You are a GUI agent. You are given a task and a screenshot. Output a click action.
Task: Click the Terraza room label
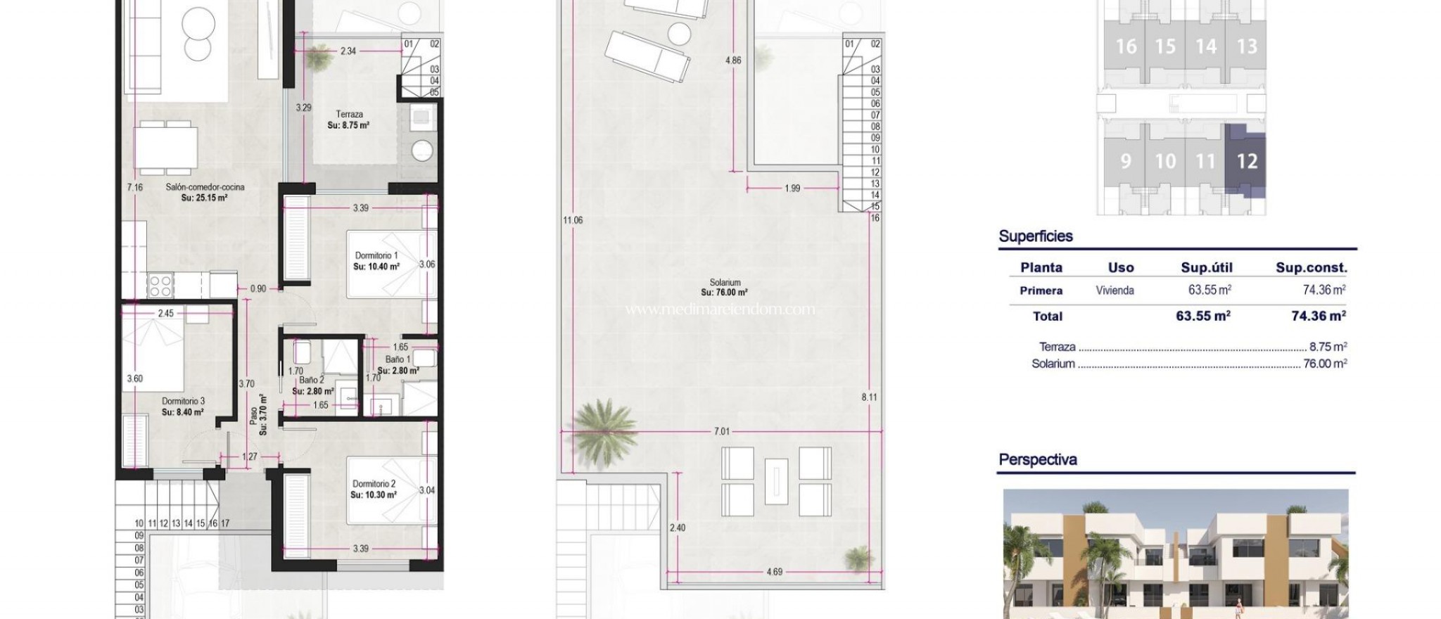349,115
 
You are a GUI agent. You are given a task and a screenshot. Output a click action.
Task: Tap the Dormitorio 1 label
376,256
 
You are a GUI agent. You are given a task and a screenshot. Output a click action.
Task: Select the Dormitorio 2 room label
374,484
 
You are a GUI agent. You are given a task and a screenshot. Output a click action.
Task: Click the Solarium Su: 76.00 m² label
724,287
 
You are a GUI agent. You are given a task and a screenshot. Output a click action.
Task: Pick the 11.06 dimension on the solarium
572,220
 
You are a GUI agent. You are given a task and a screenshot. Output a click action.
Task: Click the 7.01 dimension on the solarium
722,431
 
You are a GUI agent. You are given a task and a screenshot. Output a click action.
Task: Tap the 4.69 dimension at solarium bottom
774,571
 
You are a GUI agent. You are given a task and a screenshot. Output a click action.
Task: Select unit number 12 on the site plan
1247,161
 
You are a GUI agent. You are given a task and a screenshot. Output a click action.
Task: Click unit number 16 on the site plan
1126,46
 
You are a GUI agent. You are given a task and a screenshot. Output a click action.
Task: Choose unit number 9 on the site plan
1126,161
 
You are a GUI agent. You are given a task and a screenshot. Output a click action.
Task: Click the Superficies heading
1036,236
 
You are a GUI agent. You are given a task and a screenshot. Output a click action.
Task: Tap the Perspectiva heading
1038,460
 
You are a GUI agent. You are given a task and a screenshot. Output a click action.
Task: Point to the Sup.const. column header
1312,267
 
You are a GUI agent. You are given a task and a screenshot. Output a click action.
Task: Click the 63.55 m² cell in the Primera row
1210,290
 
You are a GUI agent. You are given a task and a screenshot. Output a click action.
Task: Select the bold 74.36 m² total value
1319,316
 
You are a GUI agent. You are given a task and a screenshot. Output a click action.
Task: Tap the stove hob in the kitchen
160,285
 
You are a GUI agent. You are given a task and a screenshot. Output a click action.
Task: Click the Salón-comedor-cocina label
205,187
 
